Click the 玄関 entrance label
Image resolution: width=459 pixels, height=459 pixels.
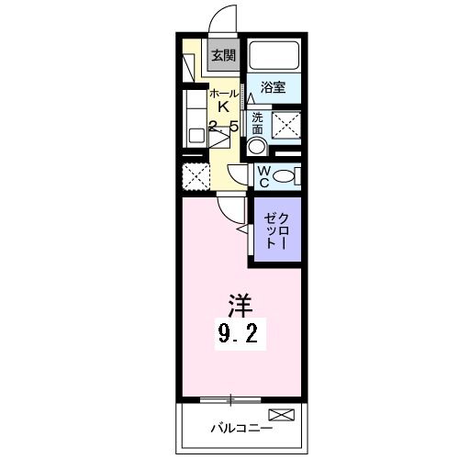click(x=223, y=54)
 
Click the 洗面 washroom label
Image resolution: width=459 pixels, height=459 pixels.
click(x=258, y=122)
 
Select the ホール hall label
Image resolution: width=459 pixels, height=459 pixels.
click(x=223, y=94)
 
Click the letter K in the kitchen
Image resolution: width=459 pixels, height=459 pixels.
click(x=223, y=107)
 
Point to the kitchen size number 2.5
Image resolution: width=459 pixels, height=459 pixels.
click(x=223, y=127)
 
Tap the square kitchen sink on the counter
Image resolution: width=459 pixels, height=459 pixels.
click(x=195, y=135)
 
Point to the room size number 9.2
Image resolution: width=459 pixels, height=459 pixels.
click(x=242, y=336)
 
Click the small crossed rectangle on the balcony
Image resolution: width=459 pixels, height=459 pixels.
click(x=282, y=416)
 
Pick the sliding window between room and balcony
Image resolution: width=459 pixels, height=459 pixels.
click(x=230, y=399)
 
